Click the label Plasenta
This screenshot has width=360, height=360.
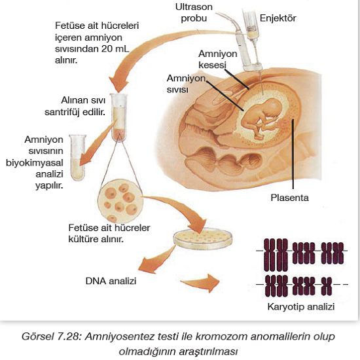pyautogui.click(x=289, y=198)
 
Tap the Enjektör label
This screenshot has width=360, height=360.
pyautogui.click(x=278, y=18)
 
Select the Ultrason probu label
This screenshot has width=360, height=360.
pyautogui.click(x=194, y=12)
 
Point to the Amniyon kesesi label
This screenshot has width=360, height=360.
pyautogui.click(x=218, y=59)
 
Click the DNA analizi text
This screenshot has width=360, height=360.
pyautogui.click(x=111, y=281)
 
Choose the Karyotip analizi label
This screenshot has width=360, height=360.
pyautogui.click(x=301, y=307)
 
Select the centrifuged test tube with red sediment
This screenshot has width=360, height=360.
pyautogui.click(x=119, y=117)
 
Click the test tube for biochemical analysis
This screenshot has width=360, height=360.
pyautogui.click(x=78, y=158)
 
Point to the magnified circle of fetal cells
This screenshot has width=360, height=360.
pyautogui.click(x=120, y=202)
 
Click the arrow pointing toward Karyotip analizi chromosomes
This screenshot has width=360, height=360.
pyautogui.click(x=200, y=283)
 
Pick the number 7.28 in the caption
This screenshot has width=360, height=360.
pyautogui.click(x=69, y=336)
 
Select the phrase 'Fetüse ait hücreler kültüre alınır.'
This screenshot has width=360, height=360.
pyautogui.click(x=109, y=233)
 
